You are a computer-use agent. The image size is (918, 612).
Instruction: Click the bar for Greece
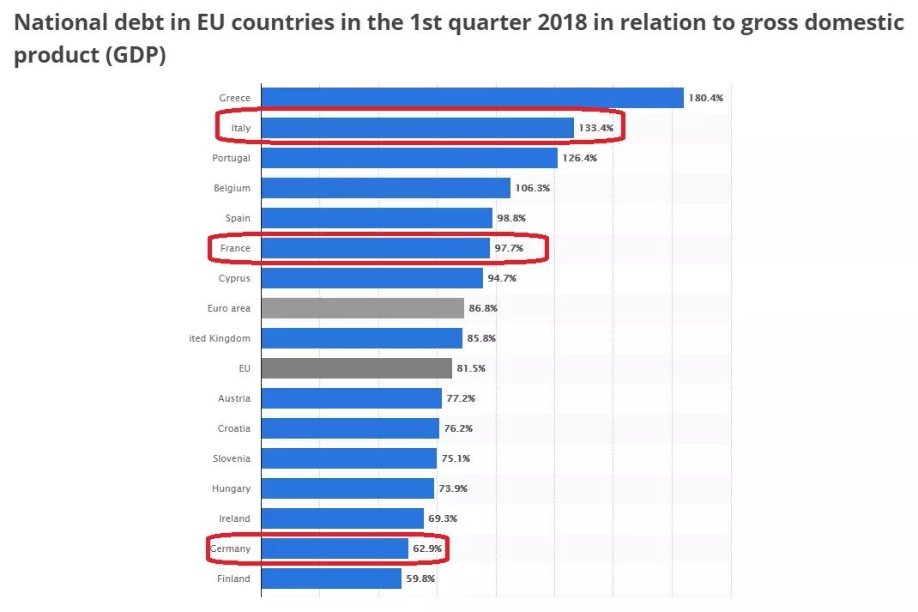tap(472, 98)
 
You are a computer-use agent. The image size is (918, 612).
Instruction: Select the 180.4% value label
tap(706, 98)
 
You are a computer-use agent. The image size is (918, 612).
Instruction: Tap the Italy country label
tap(240, 128)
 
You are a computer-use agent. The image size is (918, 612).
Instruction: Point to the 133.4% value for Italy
tap(595, 128)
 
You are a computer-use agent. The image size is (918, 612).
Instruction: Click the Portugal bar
tap(409, 158)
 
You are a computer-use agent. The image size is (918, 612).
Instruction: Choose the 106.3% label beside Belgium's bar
tap(532, 188)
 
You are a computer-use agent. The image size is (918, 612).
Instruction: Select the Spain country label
tap(238, 218)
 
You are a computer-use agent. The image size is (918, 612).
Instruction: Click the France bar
tap(375, 248)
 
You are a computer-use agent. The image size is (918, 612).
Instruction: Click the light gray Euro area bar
tap(362, 308)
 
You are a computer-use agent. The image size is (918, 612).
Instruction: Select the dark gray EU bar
tap(356, 368)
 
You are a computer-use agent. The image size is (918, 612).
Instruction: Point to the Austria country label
tap(234, 398)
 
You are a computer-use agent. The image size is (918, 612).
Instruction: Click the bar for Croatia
tap(350, 428)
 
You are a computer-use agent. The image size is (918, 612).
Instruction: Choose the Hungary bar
tap(347, 488)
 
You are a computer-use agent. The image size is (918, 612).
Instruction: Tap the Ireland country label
tap(234, 518)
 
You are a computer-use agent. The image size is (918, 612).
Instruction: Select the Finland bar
tap(331, 579)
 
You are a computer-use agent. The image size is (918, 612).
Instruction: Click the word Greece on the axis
tap(234, 98)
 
